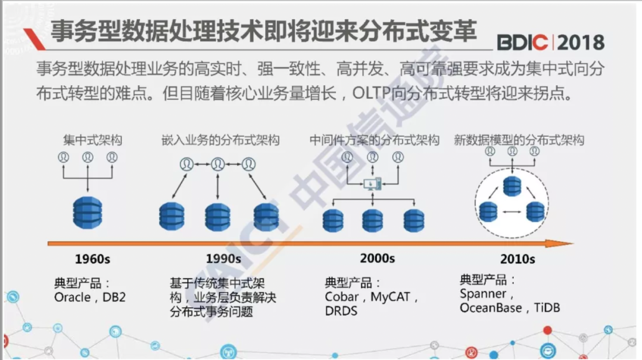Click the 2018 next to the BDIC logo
pos(580,42)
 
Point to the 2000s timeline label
pos(377,257)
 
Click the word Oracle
pos(72,297)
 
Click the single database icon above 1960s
pos(87,212)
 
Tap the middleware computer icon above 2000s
pos(371,183)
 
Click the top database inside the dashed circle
pos(511,185)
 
